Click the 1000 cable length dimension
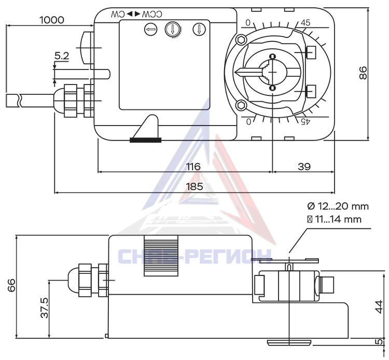click(52, 20)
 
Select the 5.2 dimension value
click(62, 56)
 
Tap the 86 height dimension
click(363, 73)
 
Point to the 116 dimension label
click(193, 167)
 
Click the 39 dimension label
click(304, 167)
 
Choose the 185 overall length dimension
click(195, 186)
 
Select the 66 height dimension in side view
click(11, 285)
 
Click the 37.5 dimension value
click(45, 308)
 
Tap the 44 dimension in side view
click(379, 307)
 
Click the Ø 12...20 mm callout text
click(338, 206)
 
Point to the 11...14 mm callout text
click(338, 219)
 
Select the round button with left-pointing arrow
click(150, 30)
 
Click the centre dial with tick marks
click(172, 30)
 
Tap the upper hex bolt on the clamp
click(241, 40)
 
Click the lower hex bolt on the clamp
click(241, 105)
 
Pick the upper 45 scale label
click(305, 23)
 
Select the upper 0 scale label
click(248, 23)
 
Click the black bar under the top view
click(146, 140)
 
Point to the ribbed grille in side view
click(161, 256)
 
